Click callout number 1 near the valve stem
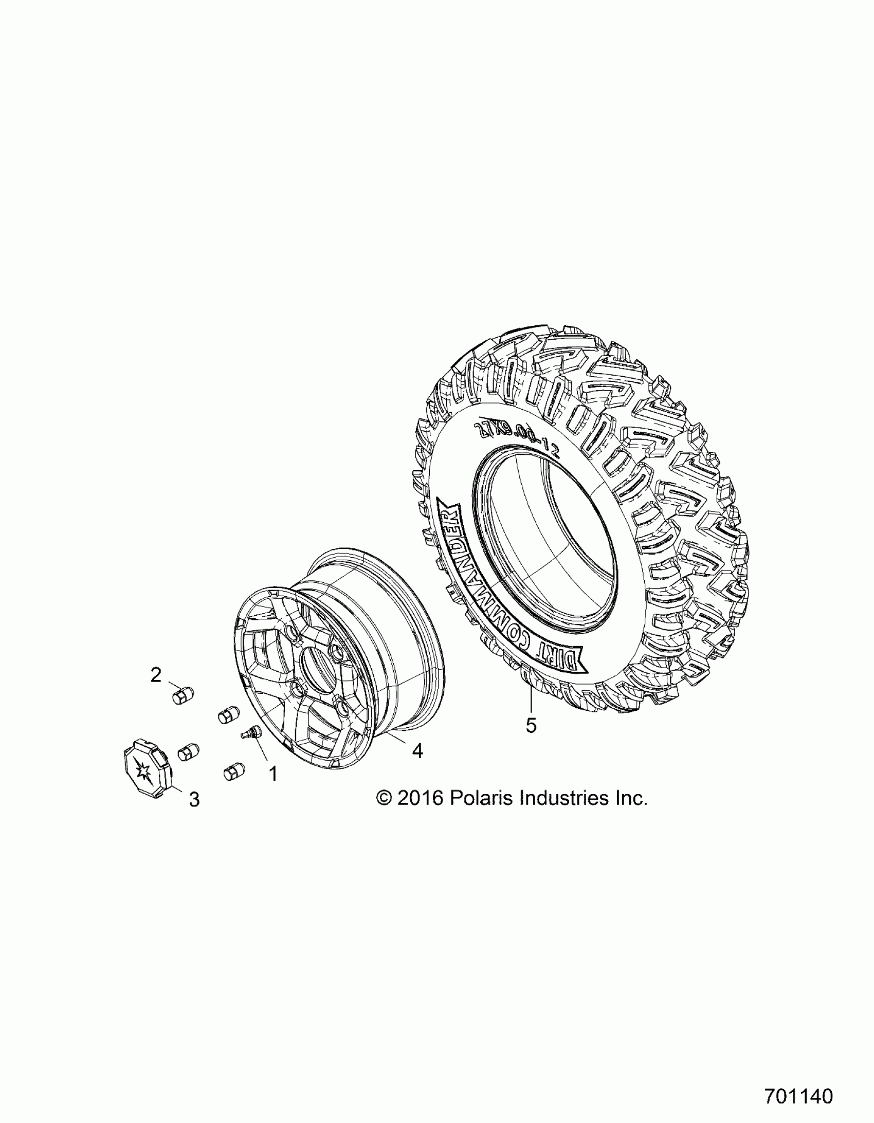[273, 787]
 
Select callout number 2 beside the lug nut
[156, 674]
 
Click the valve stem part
[251, 732]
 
